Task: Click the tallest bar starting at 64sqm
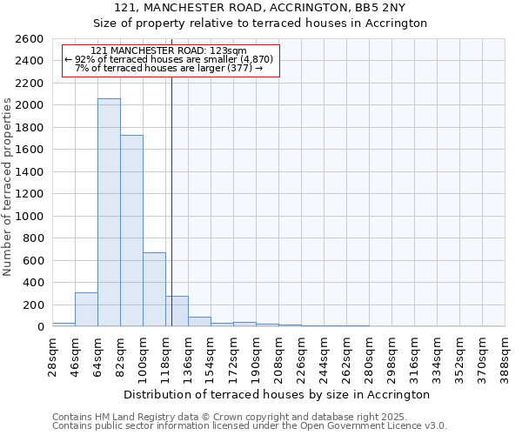(x=109, y=213)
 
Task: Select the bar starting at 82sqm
(x=131, y=231)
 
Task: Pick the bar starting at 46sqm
(x=86, y=310)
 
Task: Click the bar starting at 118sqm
(x=177, y=311)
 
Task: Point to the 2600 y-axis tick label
(x=30, y=39)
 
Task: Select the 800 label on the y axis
(x=34, y=238)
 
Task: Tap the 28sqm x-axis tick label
(x=52, y=357)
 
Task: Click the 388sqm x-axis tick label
(x=505, y=357)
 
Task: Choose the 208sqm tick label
(x=278, y=357)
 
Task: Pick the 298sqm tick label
(x=391, y=357)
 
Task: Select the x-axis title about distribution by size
(x=278, y=394)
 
